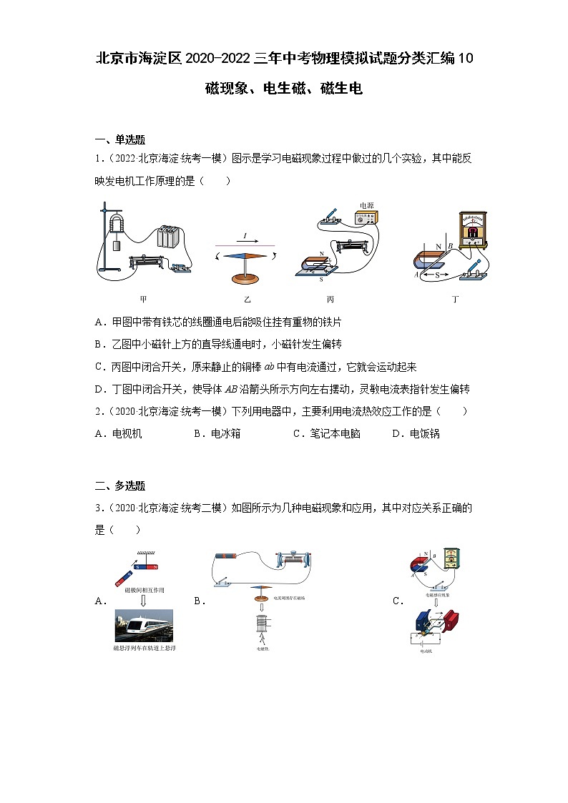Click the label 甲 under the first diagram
143,298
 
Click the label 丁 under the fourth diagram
455,298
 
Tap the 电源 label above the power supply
366,205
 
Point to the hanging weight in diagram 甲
117,245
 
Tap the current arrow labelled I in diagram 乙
245,237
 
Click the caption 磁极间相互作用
144,591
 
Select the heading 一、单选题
120,139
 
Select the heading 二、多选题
120,486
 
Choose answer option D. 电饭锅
416,433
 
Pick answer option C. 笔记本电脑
327,433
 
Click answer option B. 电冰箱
217,433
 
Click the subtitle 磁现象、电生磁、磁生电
284,89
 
